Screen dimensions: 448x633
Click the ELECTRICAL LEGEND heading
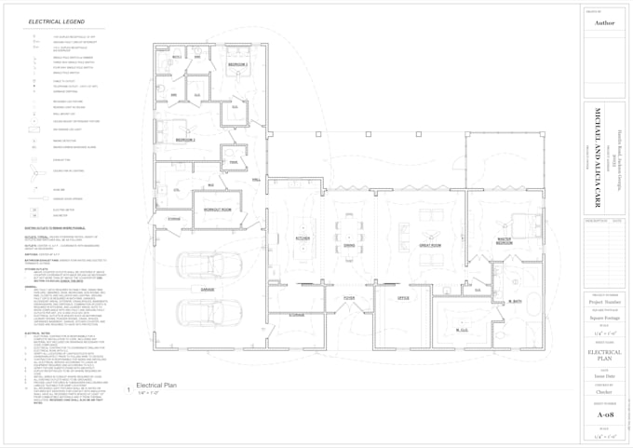point(56,20)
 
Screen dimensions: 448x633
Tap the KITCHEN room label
point(302,238)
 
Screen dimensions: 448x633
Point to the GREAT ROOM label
point(429,245)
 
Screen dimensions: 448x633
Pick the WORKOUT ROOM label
point(218,209)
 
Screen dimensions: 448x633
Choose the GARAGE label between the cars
point(207,290)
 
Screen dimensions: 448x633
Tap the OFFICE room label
point(403,298)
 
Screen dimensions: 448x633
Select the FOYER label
point(349,298)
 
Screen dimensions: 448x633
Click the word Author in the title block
point(604,22)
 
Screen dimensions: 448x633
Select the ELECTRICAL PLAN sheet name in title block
point(604,354)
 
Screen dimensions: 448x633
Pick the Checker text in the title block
point(604,393)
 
